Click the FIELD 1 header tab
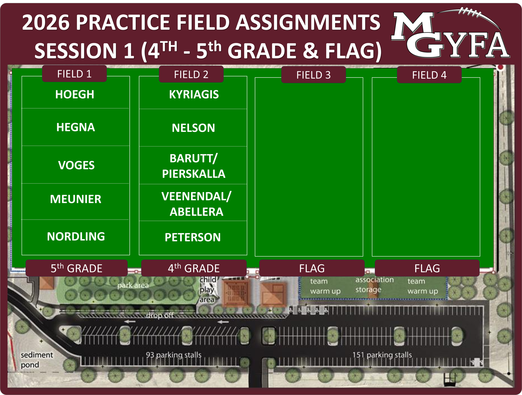point(74,74)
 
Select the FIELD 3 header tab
point(313,75)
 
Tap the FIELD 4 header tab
point(429,75)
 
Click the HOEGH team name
point(75,94)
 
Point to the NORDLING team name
point(76,237)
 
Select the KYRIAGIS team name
point(194,94)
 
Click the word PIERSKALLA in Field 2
point(194,174)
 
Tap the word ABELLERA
point(197,212)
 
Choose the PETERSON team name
point(193,237)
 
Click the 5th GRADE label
point(76,268)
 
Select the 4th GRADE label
point(194,268)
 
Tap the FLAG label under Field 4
point(427,268)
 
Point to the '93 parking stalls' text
point(174,355)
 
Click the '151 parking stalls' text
point(382,355)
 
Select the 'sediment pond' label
point(37,360)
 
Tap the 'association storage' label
point(375,285)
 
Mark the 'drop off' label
point(159,315)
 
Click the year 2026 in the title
point(46,22)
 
